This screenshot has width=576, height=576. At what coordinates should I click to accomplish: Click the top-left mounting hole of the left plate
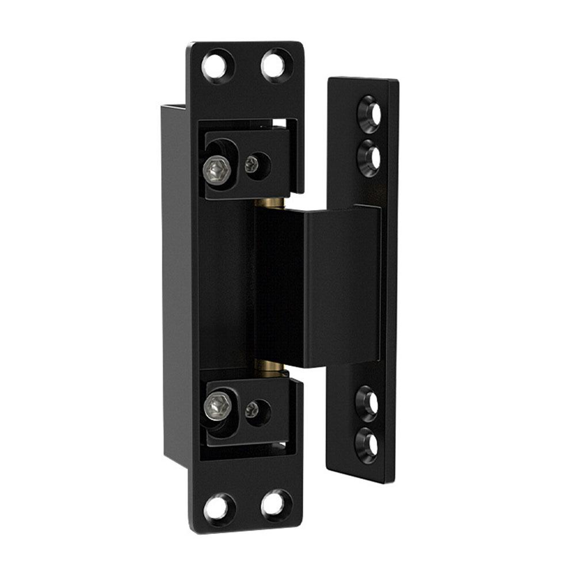pyautogui.click(x=218, y=64)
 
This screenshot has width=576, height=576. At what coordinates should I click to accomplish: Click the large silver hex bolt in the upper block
pyautogui.click(x=217, y=169)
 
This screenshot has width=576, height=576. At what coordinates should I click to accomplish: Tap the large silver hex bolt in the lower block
pyautogui.click(x=218, y=406)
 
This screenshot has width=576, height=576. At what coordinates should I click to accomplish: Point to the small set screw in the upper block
pyautogui.click(x=251, y=165)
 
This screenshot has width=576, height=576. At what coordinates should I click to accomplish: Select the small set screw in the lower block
pyautogui.click(x=251, y=409)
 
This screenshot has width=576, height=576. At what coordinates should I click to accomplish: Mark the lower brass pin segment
pyautogui.click(x=269, y=366)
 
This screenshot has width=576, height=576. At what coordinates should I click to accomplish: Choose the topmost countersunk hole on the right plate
pyautogui.click(x=369, y=112)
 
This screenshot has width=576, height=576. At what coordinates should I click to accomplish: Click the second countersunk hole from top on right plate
pyautogui.click(x=369, y=156)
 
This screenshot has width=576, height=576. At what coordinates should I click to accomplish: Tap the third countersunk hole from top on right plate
pyautogui.click(x=367, y=400)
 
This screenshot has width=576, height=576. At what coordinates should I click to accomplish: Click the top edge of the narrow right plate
pyautogui.click(x=363, y=79)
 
